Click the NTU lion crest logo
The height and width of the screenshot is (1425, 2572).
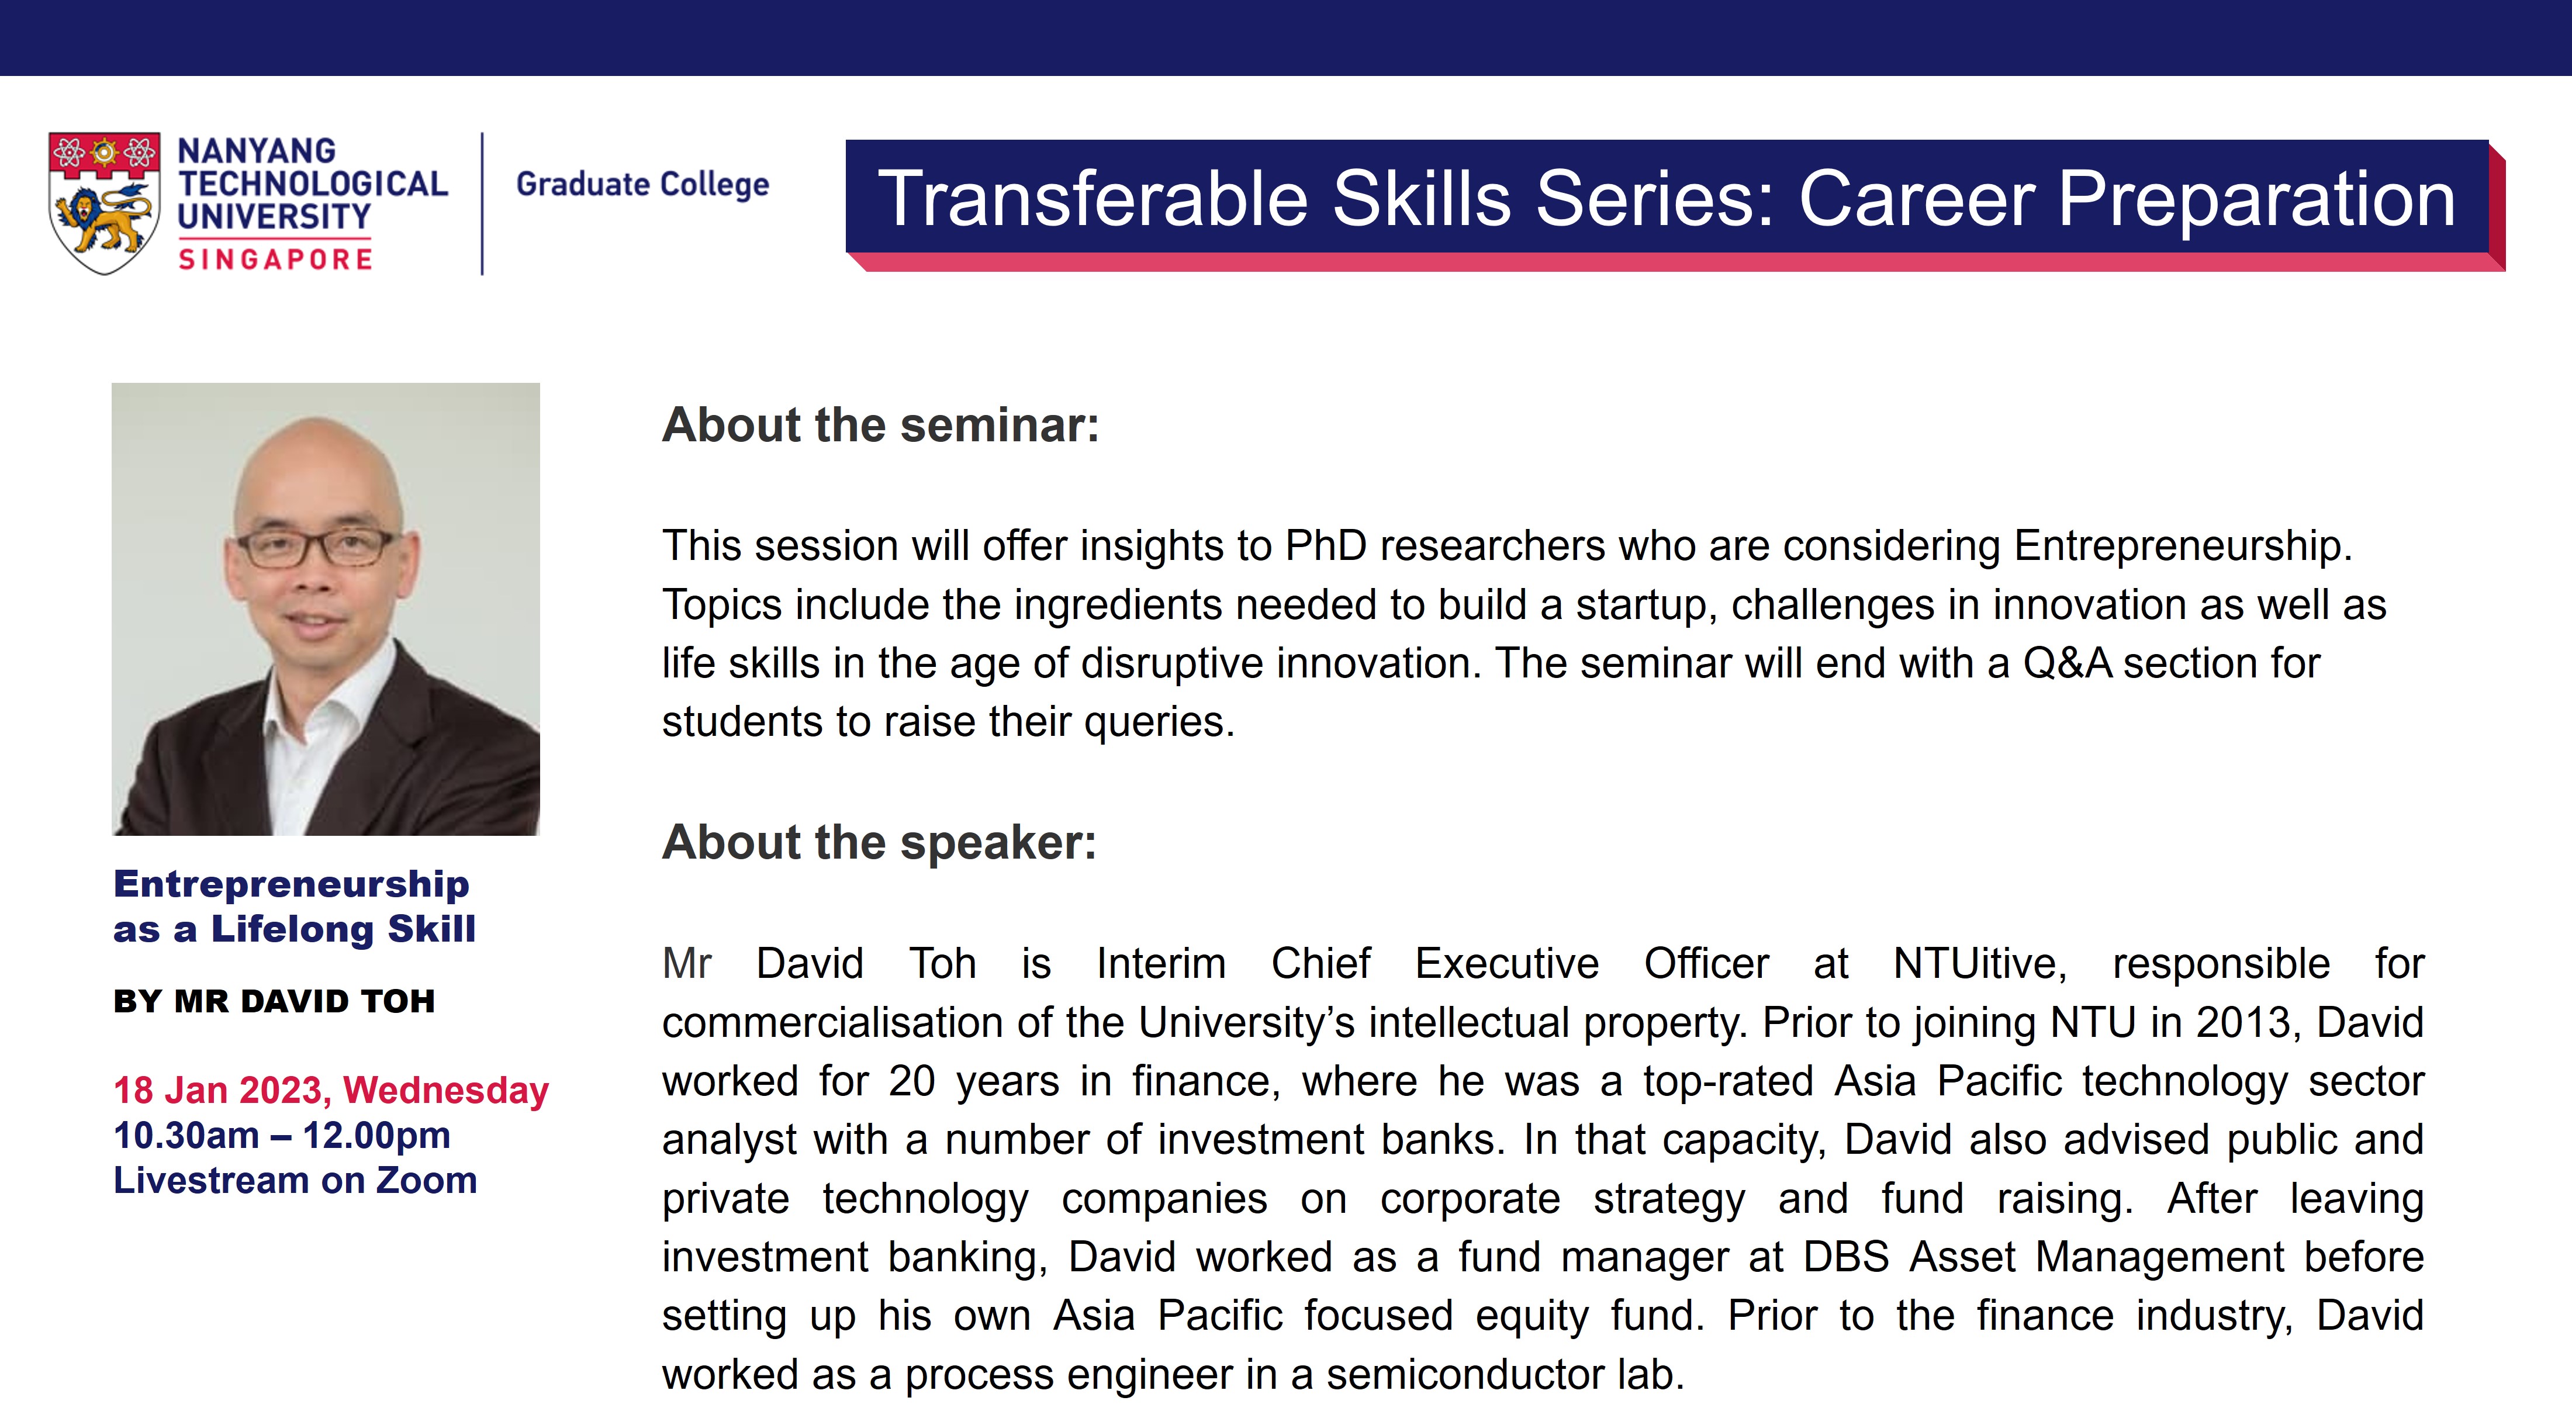104,203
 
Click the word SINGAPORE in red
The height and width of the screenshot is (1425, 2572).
275,260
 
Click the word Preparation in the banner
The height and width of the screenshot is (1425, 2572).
2256,200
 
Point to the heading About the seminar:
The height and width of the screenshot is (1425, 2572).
881,426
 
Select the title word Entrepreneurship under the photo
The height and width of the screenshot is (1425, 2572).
292,885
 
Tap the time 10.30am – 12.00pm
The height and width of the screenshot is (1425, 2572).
282,1136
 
